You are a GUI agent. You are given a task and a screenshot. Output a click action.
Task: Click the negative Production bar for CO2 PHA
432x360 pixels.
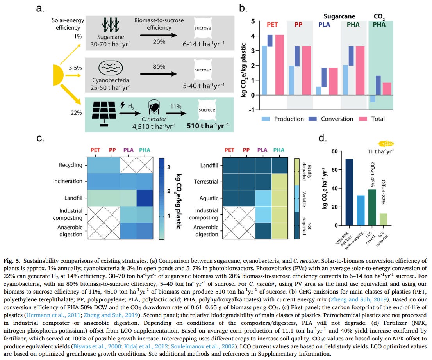point(373,98)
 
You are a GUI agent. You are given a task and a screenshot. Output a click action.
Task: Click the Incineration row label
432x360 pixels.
point(68,181)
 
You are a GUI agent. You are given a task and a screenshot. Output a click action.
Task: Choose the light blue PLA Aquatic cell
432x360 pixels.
point(264,198)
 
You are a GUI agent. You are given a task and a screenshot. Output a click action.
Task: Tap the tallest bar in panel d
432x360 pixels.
point(349,192)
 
